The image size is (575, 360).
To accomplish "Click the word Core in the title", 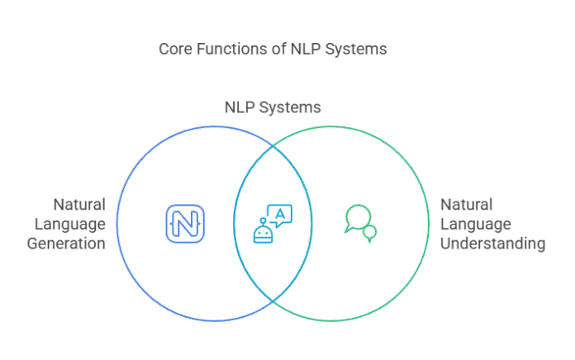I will coord(173,50).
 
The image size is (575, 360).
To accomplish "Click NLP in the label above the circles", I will coord(241,107).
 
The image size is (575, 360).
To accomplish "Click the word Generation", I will coord(66,244).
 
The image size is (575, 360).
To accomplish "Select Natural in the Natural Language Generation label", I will coord(79,204).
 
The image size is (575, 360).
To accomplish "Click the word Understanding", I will coord(492,244).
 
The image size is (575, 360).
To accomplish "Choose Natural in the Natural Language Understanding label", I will coord(466,204).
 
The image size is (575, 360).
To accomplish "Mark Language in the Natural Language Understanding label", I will coord(475,224).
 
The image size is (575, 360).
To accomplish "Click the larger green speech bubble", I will coord(356,216).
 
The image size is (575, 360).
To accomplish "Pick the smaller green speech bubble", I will coord(370,234).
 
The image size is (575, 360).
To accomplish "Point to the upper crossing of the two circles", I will coord(273,146).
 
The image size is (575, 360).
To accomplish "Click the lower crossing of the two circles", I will coord(273,301).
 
